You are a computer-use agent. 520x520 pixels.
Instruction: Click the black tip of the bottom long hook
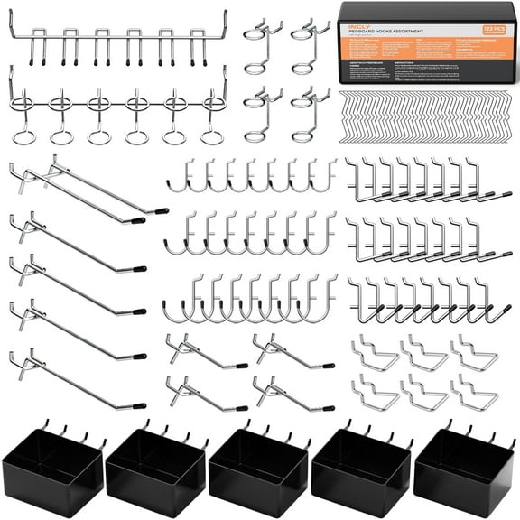click(x=138, y=405)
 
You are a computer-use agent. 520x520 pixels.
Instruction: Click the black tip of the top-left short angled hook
click(x=242, y=365)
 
